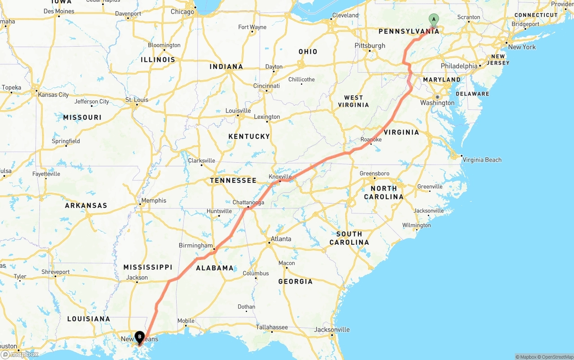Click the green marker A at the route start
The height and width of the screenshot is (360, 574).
click(x=434, y=19)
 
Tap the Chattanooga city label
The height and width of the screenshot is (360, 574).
click(x=248, y=203)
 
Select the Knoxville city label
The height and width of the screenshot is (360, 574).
click(x=280, y=177)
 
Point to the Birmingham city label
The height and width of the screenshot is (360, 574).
click(x=196, y=246)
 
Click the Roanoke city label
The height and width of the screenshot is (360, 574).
click(x=371, y=140)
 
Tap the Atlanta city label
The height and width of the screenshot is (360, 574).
click(x=281, y=239)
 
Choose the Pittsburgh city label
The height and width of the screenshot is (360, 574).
click(x=370, y=46)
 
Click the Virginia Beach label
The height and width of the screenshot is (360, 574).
click(x=482, y=160)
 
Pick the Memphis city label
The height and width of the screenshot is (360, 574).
click(x=154, y=201)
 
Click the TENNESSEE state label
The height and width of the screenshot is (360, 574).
click(x=233, y=181)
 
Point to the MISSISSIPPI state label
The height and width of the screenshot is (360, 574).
click(x=148, y=267)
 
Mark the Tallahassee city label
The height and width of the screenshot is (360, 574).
click(x=272, y=327)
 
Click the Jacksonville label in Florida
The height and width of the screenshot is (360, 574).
click(x=332, y=330)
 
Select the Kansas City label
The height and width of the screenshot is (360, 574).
click(x=53, y=95)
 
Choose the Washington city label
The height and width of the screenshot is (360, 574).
click(x=437, y=103)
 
